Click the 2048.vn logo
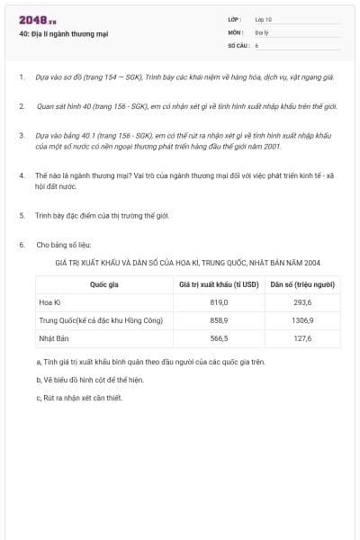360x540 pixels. (38, 20)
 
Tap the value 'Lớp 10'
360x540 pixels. (264, 19)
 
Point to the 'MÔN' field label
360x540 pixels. (235, 31)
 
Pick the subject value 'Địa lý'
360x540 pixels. (262, 31)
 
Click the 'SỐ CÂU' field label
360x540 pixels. (238, 44)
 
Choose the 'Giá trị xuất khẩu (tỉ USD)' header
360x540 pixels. (219, 284)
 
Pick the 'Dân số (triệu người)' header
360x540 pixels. (302, 284)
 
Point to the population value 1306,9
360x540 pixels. (302, 320)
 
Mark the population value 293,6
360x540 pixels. (302, 302)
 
